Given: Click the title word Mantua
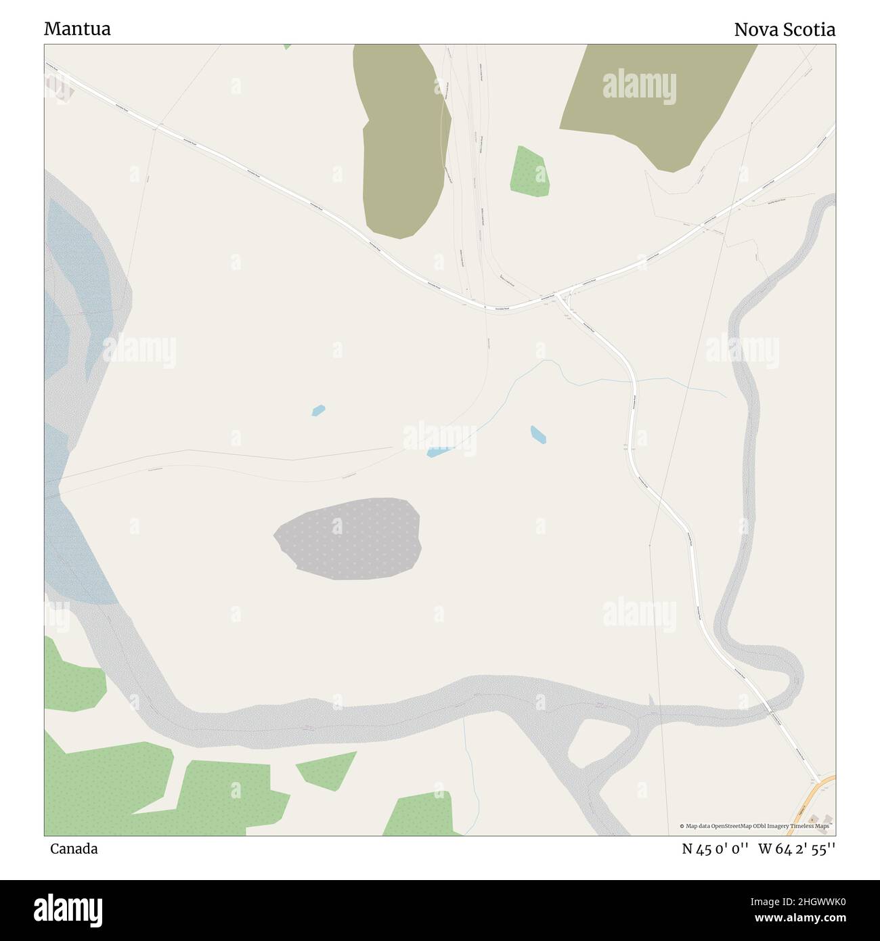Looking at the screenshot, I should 77,29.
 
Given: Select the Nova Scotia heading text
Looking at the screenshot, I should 785,29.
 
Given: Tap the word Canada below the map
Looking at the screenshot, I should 73,849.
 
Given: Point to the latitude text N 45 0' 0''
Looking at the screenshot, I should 715,849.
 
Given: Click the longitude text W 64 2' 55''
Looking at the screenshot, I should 797,849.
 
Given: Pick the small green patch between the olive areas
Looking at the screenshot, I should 529,172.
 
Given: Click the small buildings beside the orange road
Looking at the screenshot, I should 818,820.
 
